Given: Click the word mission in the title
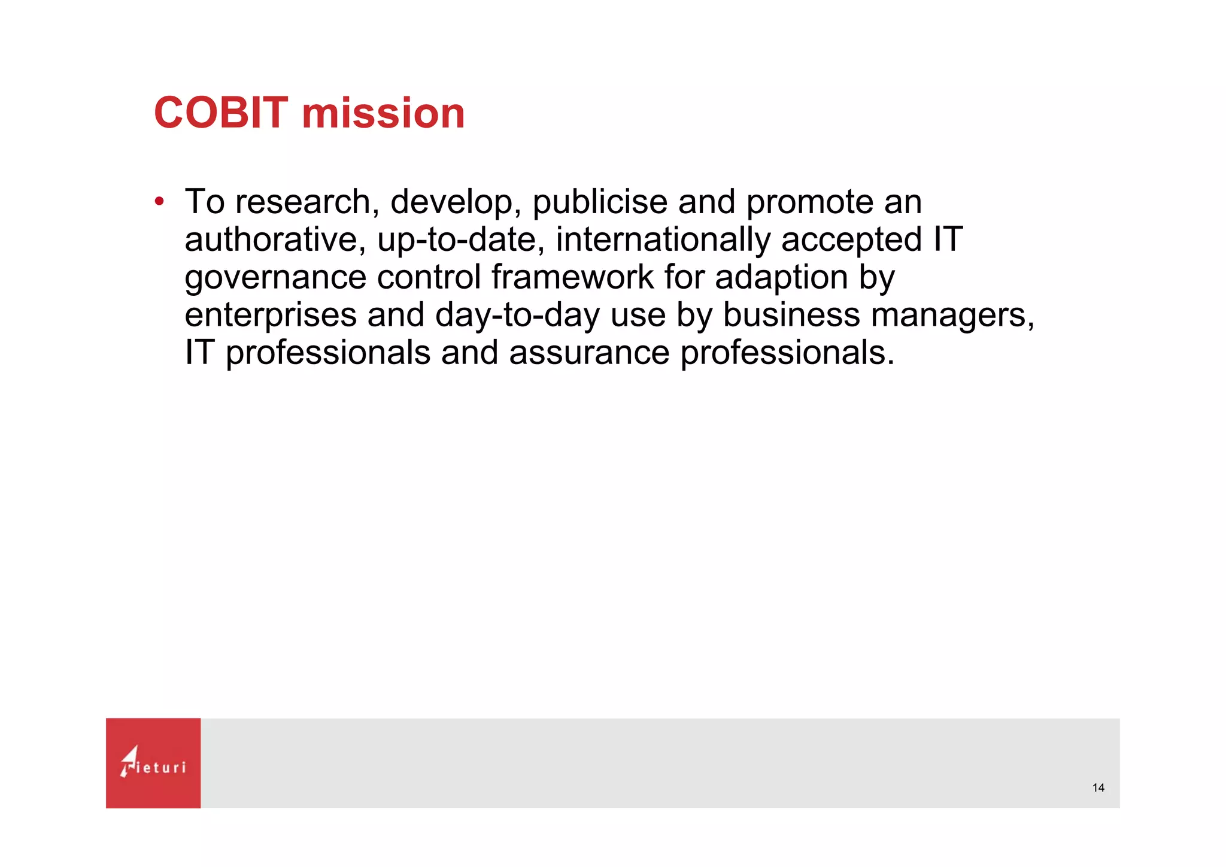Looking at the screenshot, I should coord(383,113).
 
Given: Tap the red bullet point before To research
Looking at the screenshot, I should coord(159,201).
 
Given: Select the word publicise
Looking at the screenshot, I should coord(599,202).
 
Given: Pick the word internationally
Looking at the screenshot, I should coord(663,240).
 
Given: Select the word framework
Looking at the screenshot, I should coord(572,277).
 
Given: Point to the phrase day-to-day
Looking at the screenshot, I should coord(517,316).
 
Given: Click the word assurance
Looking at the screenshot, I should coord(589,353).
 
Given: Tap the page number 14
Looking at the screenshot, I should coord(1098,788).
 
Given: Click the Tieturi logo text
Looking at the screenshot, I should coord(160,768).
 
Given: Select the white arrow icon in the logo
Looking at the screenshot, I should coord(129,760).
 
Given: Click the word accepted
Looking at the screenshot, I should coord(851,240).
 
